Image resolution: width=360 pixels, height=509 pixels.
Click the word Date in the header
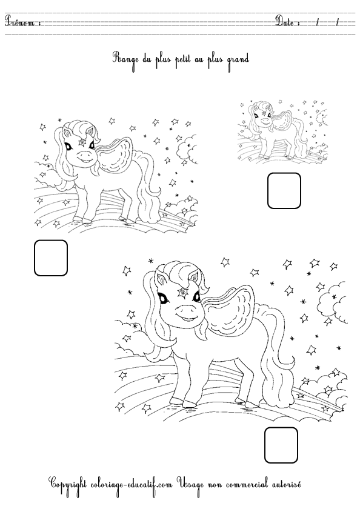tap(285, 21)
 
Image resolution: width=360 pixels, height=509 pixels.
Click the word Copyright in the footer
tap(67, 485)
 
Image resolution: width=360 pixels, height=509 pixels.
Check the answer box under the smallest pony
tap(284, 190)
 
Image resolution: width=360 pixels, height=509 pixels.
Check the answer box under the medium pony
tap(51, 258)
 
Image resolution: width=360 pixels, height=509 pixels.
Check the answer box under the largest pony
tap(281, 445)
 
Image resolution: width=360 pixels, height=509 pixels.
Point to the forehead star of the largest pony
tap(183, 293)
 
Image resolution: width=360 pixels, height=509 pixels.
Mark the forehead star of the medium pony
tap(83, 143)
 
